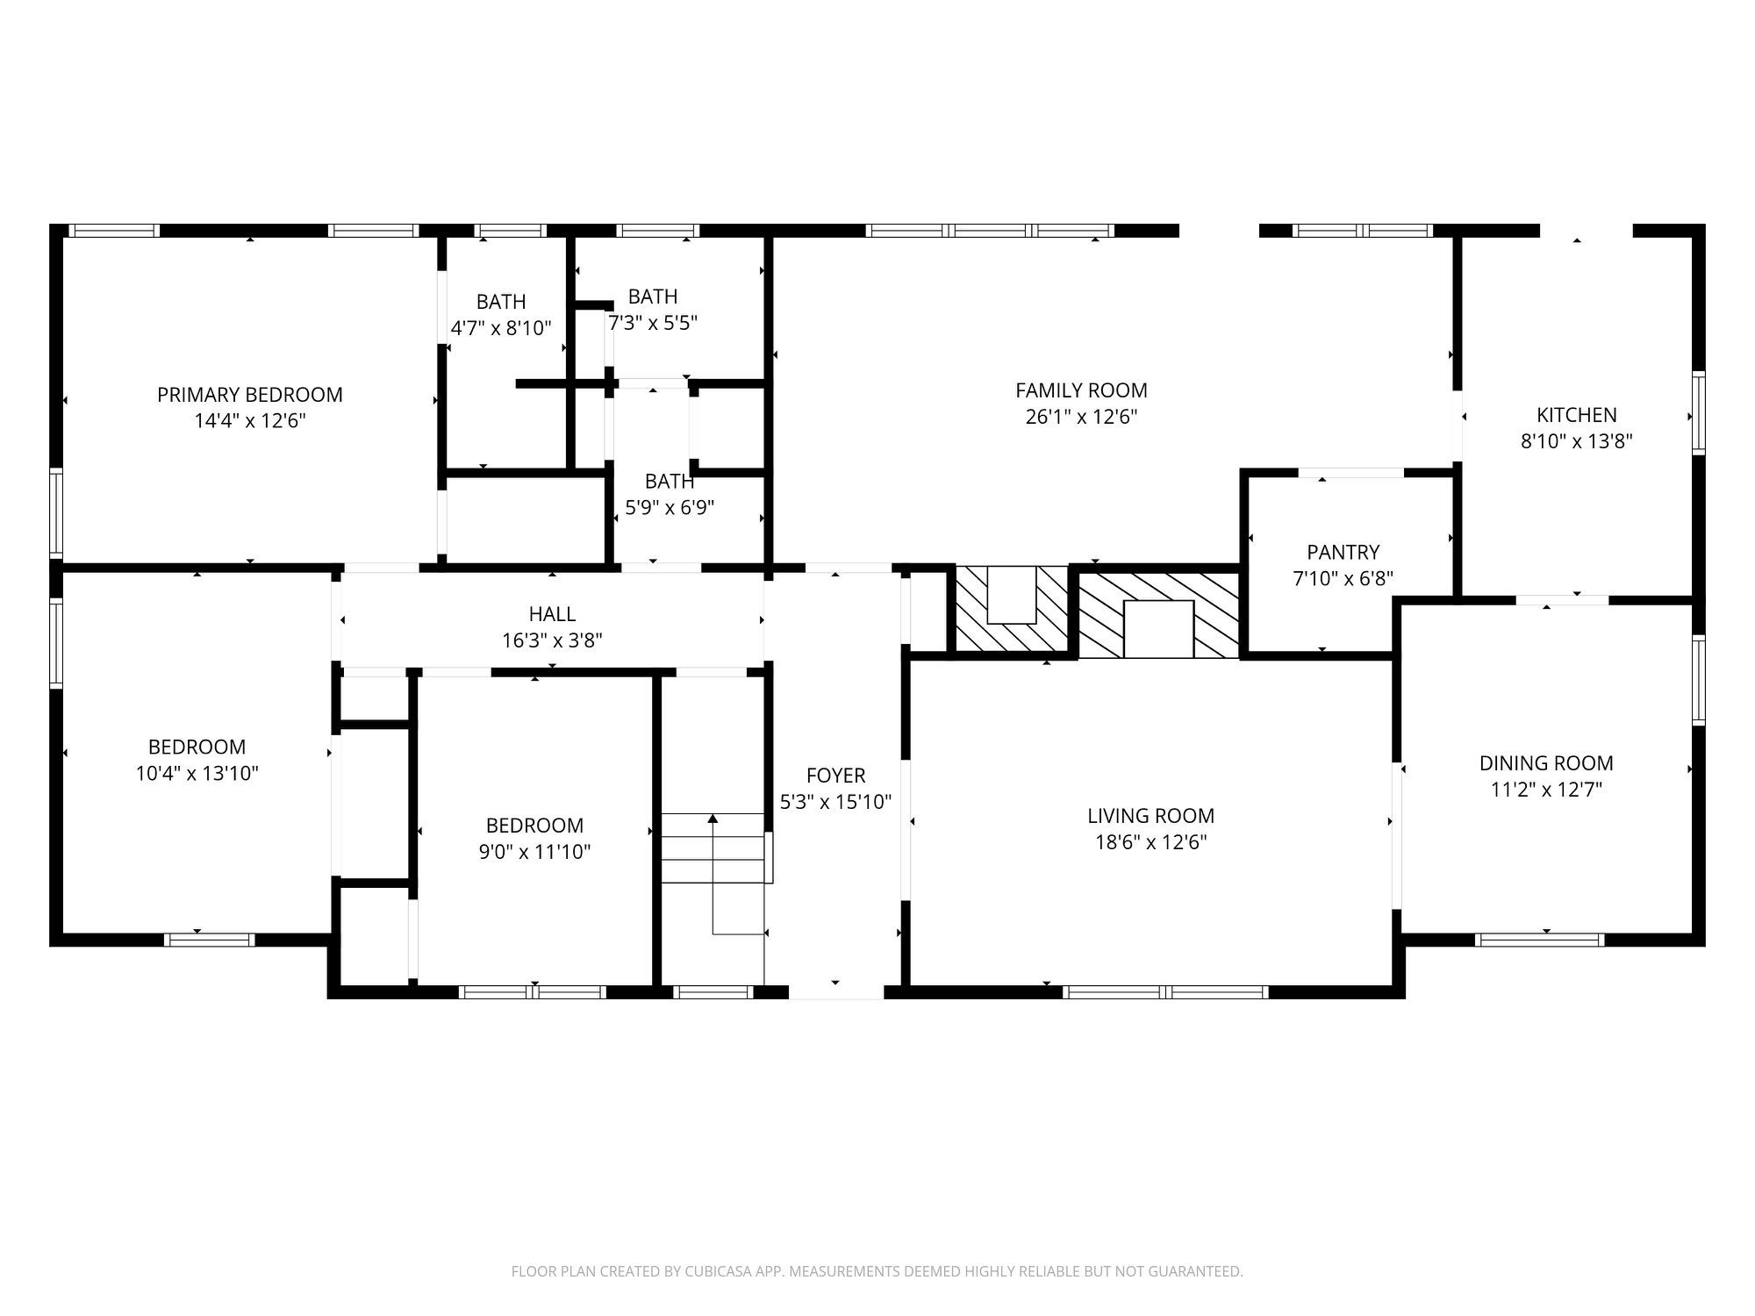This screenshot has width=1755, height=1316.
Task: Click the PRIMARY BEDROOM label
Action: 249,395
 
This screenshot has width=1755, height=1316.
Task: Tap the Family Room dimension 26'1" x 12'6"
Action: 1081,417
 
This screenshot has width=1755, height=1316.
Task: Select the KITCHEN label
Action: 1576,415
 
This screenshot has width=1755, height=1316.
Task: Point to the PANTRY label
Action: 1343,552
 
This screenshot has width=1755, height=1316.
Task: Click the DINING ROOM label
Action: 1546,763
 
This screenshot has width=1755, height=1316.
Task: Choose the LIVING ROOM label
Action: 1150,816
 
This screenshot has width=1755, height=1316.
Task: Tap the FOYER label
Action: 835,776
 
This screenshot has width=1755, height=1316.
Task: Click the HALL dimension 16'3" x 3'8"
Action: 552,641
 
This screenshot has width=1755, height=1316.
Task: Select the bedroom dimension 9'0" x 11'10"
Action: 534,852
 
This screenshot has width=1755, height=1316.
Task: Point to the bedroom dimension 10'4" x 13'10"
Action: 197,774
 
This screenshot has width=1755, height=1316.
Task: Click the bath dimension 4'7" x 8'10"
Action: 501,328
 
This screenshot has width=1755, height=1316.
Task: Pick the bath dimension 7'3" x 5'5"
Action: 653,323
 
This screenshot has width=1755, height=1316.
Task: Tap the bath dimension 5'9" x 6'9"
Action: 670,507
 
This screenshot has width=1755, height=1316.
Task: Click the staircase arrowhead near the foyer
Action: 713,819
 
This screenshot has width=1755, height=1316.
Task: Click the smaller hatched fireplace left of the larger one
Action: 1012,608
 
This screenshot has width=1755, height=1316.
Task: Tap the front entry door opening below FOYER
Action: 835,991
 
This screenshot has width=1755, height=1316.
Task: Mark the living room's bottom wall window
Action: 1165,992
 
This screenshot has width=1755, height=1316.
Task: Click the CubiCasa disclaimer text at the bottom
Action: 877,1271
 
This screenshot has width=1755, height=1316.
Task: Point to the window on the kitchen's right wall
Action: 1698,412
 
